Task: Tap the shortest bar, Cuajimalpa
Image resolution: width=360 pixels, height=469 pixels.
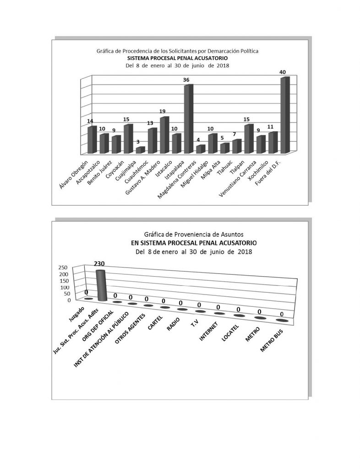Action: click(x=140, y=150)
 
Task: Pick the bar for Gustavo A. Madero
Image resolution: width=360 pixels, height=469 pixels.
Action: click(x=164, y=135)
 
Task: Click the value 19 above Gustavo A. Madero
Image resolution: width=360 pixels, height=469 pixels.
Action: click(x=162, y=112)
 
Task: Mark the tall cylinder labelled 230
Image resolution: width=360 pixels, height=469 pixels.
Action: click(x=101, y=285)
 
